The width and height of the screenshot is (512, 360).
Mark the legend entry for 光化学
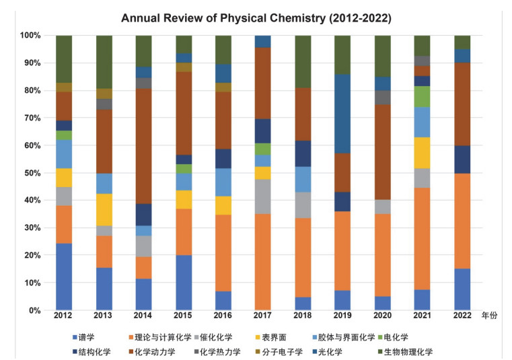(349, 351)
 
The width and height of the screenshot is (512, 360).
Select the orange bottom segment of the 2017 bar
(263, 262)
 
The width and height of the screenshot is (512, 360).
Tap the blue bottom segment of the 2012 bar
(64, 277)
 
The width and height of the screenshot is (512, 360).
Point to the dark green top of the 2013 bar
(104, 61)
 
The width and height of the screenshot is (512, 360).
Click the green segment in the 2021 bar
(423, 96)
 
